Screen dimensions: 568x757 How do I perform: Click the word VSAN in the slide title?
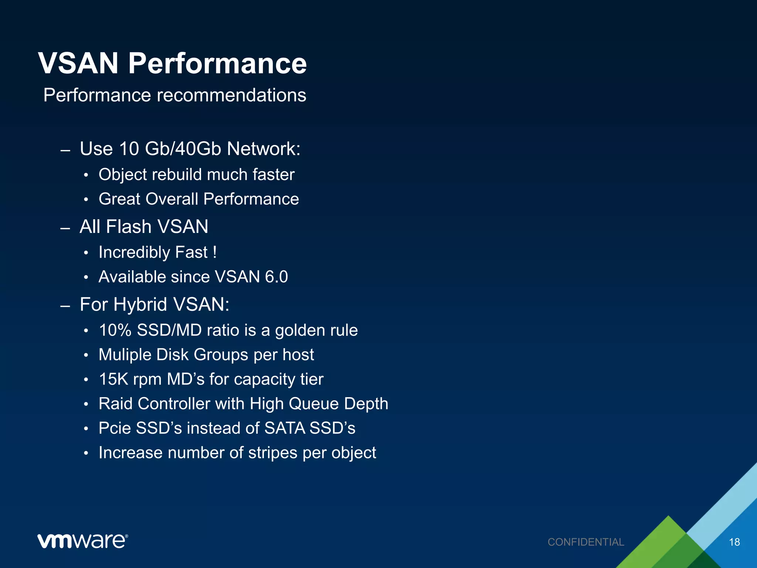[78, 63]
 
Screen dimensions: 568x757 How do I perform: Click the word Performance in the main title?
[217, 63]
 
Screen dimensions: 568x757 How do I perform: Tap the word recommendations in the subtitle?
[231, 95]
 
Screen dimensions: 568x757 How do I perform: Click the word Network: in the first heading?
[264, 149]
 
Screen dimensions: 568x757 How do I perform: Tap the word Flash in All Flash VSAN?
[129, 227]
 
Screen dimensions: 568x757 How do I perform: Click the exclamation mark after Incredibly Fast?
[215, 253]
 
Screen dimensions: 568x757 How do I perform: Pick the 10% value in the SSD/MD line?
[115, 330]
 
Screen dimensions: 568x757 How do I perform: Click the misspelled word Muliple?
[125, 355]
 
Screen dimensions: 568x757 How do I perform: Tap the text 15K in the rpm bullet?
[113, 379]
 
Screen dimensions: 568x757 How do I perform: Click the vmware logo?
[82, 541]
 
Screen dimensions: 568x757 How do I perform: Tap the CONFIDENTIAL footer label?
[585, 542]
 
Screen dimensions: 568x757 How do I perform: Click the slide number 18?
[734, 542]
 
